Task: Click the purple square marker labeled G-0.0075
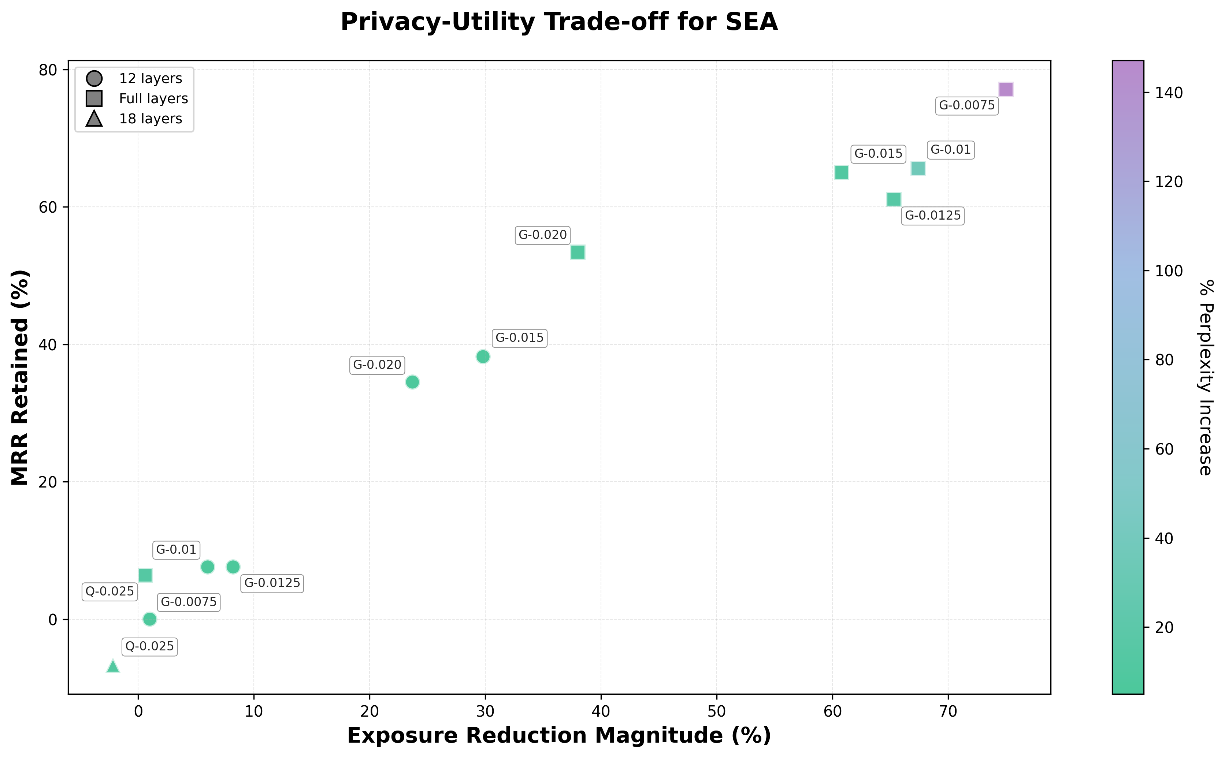click(1005, 89)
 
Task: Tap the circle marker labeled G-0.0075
click(149, 619)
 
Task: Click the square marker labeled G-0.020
click(578, 252)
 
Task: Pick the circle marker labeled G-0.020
click(412, 382)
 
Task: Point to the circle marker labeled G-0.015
click(483, 356)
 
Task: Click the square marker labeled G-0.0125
click(894, 199)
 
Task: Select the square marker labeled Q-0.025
click(145, 575)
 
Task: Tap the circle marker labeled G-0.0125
click(233, 567)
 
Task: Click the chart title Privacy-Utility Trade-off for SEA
click(559, 23)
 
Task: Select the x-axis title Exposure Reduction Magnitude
click(559, 735)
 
